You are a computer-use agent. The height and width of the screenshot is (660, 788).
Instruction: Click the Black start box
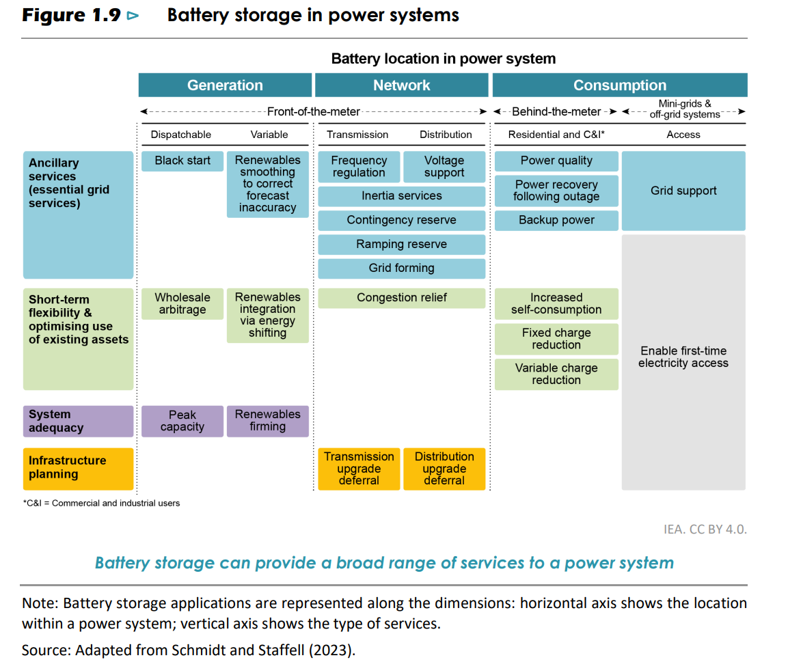point(182,161)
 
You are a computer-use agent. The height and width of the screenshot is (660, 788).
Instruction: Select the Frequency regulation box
point(359,167)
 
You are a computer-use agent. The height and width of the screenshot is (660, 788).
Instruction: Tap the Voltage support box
point(444,167)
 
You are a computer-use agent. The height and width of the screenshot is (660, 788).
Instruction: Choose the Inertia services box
point(402,196)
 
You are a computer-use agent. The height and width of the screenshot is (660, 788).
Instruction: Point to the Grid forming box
point(402,269)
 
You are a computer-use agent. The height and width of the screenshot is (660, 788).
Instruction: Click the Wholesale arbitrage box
point(182,303)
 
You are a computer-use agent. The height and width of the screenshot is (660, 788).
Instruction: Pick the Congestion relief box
point(402,298)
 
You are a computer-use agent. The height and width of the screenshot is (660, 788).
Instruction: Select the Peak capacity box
point(182,421)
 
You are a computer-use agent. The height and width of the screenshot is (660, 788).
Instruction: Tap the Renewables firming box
point(267,421)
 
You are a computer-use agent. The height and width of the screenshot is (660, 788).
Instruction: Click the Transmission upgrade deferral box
point(359,469)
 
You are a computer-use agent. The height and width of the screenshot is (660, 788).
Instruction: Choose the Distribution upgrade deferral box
point(444,469)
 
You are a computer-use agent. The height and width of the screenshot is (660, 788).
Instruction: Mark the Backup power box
point(556,221)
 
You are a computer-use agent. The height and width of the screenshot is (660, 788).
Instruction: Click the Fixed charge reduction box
point(556,339)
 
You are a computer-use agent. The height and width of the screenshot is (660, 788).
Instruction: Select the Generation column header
point(225,85)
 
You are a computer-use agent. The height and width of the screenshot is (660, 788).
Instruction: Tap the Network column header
point(402,85)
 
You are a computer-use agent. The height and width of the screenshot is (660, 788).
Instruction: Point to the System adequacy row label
point(78,422)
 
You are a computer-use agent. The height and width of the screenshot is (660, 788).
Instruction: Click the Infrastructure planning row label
point(78,468)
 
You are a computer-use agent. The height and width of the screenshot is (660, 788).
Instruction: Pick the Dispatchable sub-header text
point(181,135)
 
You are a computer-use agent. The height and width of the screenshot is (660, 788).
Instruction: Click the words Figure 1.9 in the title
point(71,15)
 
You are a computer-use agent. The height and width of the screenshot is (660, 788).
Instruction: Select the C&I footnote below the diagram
point(102,504)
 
